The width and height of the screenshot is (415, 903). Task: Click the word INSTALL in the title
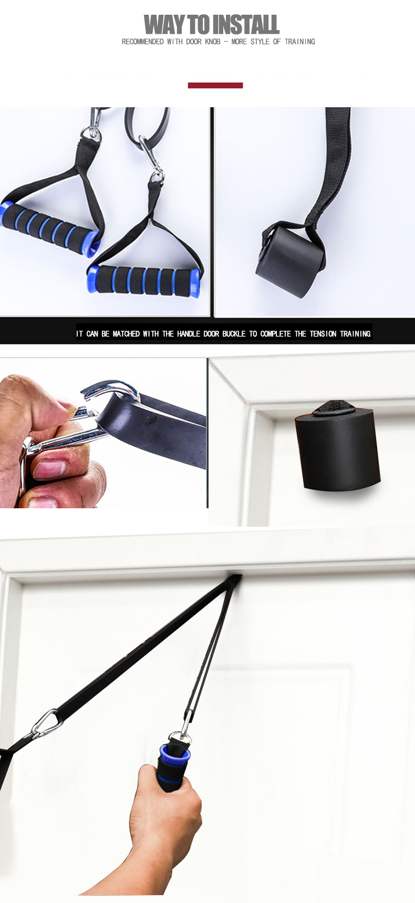(245, 25)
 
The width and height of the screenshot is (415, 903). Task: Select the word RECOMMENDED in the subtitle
(142, 42)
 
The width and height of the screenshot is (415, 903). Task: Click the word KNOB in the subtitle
(212, 42)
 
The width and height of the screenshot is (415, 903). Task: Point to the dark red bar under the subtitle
(215, 85)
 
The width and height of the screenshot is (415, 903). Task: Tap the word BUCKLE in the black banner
(234, 334)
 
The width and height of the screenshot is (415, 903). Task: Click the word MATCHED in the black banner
(126, 334)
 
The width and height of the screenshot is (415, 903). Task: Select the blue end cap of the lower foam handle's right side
(194, 283)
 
